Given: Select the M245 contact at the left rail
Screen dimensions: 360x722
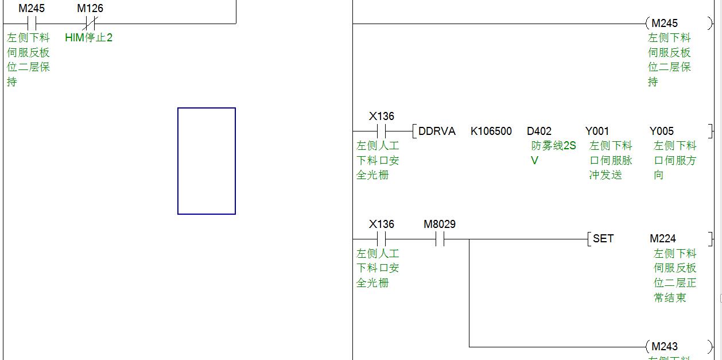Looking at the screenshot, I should click(32, 24).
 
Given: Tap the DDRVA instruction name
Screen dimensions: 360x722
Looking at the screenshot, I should click(437, 131).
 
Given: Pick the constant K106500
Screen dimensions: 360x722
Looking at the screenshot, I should click(491, 131).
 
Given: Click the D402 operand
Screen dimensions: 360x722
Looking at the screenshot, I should click(539, 131).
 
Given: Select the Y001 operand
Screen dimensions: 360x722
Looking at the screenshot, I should click(597, 131).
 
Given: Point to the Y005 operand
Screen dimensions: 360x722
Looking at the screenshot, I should click(662, 131).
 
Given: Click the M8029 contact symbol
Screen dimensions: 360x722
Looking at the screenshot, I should click(440, 239).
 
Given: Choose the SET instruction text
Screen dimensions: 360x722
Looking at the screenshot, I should click(603, 239).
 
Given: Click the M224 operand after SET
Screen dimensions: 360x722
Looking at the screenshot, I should click(663, 239).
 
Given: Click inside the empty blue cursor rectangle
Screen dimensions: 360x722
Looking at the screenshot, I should click(207, 161).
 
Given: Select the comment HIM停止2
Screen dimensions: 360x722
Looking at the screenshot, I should click(89, 38).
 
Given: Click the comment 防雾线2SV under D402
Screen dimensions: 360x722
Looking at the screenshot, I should click(553, 153).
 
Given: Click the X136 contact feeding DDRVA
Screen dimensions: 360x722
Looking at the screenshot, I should click(381, 131).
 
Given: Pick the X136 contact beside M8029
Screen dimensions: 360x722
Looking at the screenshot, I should click(381, 239).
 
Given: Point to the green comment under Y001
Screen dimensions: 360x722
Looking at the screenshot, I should click(611, 161).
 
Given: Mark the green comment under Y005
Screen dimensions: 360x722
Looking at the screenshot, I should click(674, 161).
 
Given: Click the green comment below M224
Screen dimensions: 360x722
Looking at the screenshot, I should click(674, 276).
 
